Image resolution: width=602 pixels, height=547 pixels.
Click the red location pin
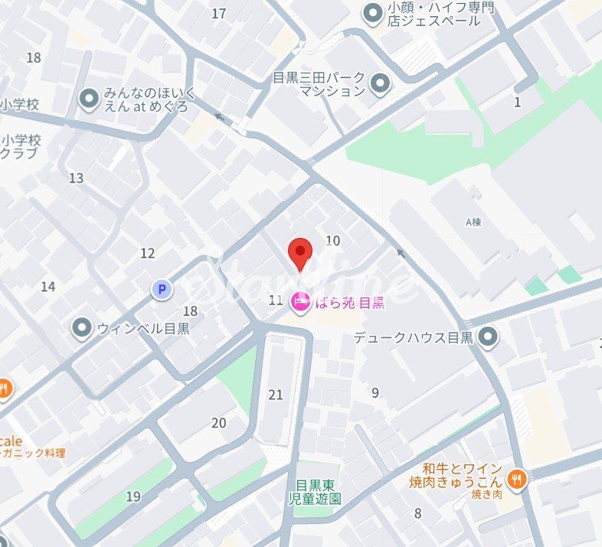[299, 253]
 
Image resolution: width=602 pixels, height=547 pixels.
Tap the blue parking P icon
[162, 289]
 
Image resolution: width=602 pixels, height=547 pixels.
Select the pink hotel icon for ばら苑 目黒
[301, 301]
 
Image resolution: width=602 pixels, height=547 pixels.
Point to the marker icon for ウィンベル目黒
[82, 329]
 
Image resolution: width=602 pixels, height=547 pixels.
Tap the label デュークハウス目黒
[414, 336]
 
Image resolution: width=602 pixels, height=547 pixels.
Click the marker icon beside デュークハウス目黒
[487, 336]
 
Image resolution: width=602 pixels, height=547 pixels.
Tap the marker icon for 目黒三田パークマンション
[379, 83]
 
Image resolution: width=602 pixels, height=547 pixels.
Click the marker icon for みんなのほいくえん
[90, 98]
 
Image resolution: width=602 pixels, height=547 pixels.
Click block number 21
[276, 395]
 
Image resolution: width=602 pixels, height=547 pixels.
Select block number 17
[219, 13]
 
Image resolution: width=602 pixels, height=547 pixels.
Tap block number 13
[76, 178]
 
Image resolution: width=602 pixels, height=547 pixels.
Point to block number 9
[375, 393]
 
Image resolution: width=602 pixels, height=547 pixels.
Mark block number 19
[133, 497]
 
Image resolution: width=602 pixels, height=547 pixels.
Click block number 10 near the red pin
[332, 240]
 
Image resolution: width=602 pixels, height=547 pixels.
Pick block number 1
[518, 102]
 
